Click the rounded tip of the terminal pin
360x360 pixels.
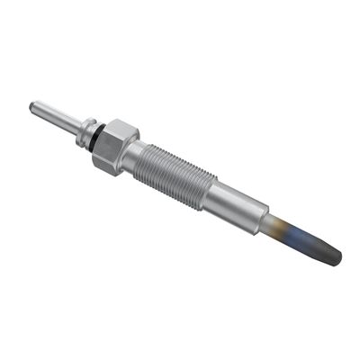point(33,105)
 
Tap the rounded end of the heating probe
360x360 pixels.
point(337,257)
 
